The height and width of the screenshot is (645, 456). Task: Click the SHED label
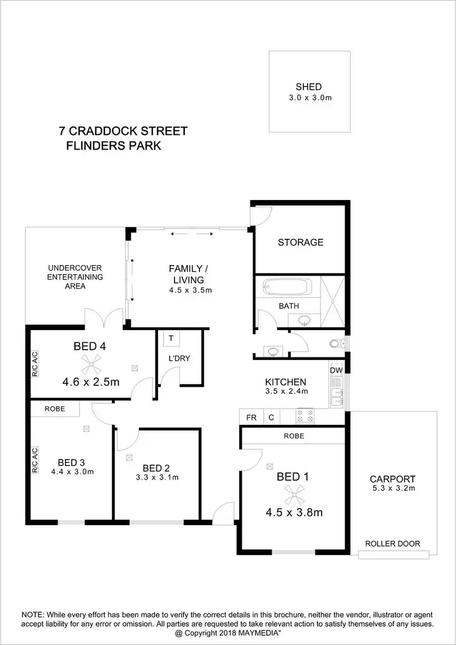[x=309, y=86]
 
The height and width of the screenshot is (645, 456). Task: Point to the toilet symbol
[x=335, y=344]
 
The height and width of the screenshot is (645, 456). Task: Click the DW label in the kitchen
[x=336, y=370]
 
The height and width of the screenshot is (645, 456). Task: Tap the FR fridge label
[x=251, y=418]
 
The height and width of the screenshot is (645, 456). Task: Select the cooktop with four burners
[x=304, y=416]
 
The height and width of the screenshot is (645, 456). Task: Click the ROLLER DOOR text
[x=392, y=543]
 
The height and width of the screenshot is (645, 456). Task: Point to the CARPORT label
[x=392, y=478]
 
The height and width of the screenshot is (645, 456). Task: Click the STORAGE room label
[x=300, y=242]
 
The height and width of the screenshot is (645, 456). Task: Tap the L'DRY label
[x=179, y=358]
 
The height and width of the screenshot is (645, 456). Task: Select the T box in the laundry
[x=171, y=339]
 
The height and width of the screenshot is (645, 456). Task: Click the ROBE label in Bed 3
[x=55, y=409]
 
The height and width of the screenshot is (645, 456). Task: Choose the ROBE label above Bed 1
[x=294, y=436]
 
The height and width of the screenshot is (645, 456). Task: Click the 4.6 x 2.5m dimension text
[x=90, y=382]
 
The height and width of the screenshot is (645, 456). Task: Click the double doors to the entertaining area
[x=100, y=319]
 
